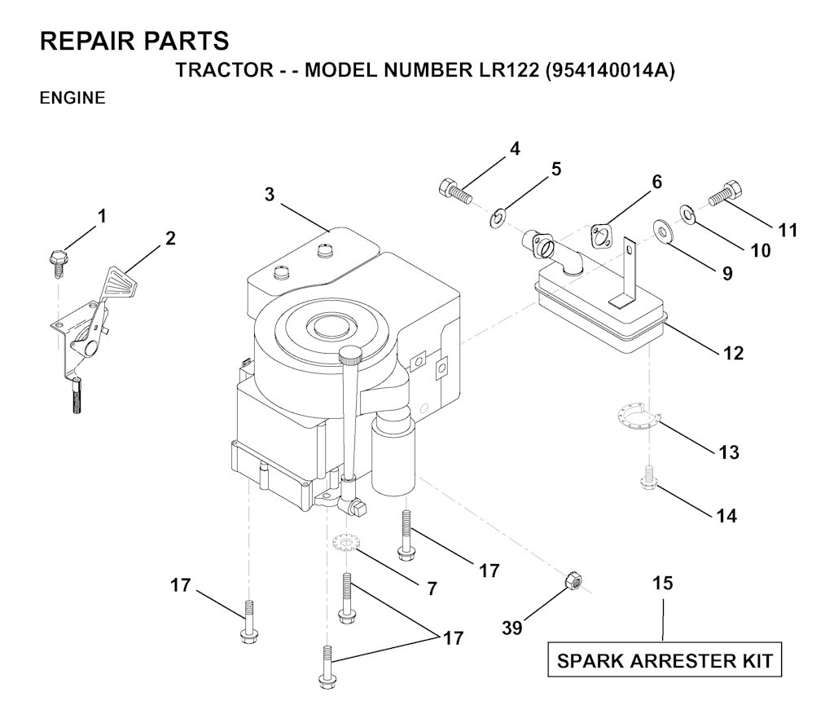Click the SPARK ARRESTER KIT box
click(665, 660)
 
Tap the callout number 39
click(512, 628)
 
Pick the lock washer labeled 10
click(687, 214)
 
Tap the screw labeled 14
click(648, 477)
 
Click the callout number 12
click(733, 353)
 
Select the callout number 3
click(270, 195)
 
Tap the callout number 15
click(663, 583)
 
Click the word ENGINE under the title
click(72, 98)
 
